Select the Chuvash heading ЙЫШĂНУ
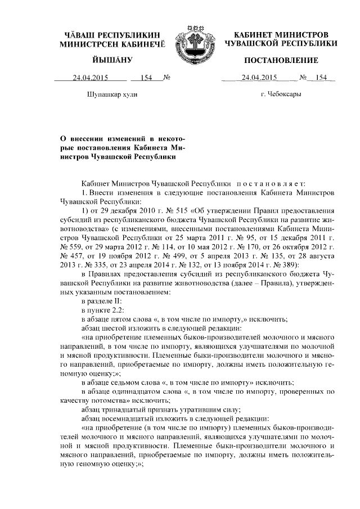[x=113, y=60]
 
